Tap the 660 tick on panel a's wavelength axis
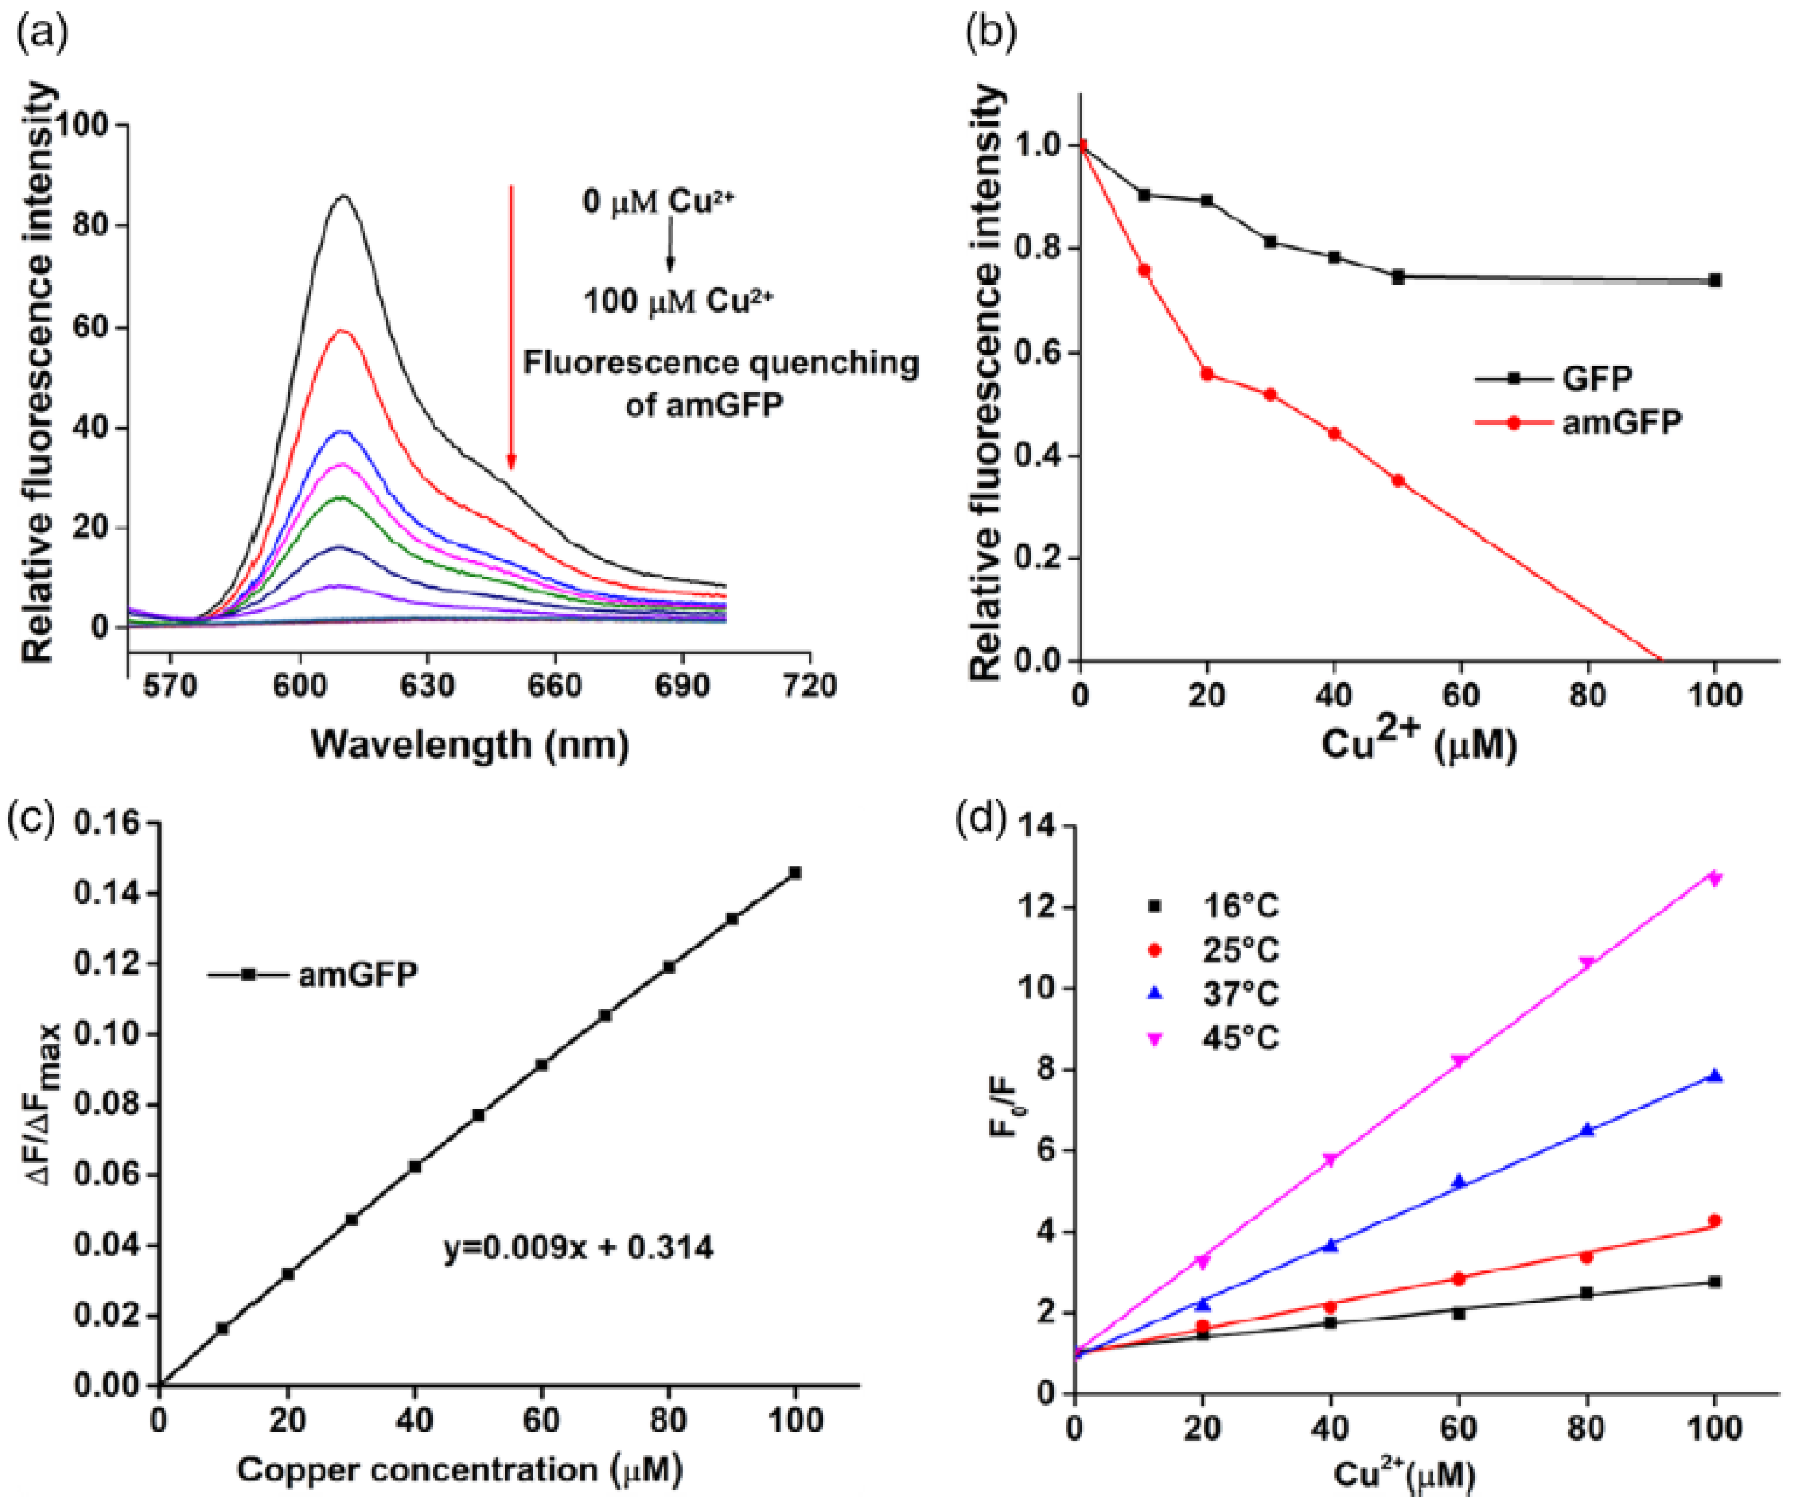(x=554, y=686)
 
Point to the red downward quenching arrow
(x=512, y=325)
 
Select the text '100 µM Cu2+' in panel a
(x=679, y=301)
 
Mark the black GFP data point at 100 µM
(x=1715, y=280)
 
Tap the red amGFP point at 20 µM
(x=1208, y=373)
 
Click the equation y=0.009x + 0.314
(x=578, y=1247)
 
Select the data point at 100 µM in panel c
(x=795, y=872)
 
